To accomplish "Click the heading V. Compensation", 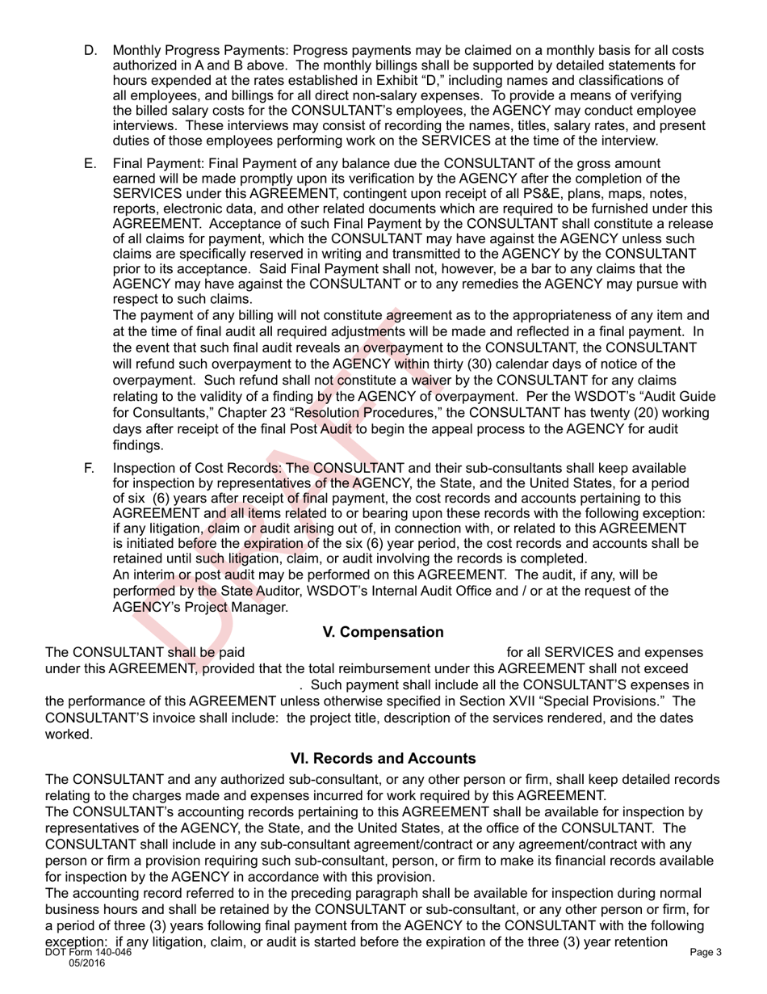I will [x=383, y=632].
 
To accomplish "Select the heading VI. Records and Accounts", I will [x=383, y=759].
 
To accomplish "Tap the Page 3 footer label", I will [x=706, y=953].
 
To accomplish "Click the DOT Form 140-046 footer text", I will [x=88, y=953].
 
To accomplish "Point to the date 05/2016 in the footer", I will [x=88, y=964].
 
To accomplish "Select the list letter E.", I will [x=90, y=163].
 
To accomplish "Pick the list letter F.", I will [x=90, y=469].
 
